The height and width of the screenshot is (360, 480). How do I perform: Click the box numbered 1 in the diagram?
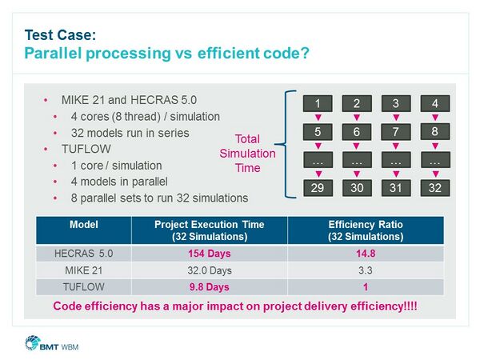tap(318, 103)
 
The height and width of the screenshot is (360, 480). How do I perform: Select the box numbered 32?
tap(435, 190)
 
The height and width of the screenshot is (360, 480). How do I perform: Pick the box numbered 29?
tap(318, 190)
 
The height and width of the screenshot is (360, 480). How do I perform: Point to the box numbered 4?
tap(435, 103)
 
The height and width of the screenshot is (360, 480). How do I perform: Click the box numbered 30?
tap(357, 190)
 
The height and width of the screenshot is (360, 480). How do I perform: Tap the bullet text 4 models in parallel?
tap(137, 182)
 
